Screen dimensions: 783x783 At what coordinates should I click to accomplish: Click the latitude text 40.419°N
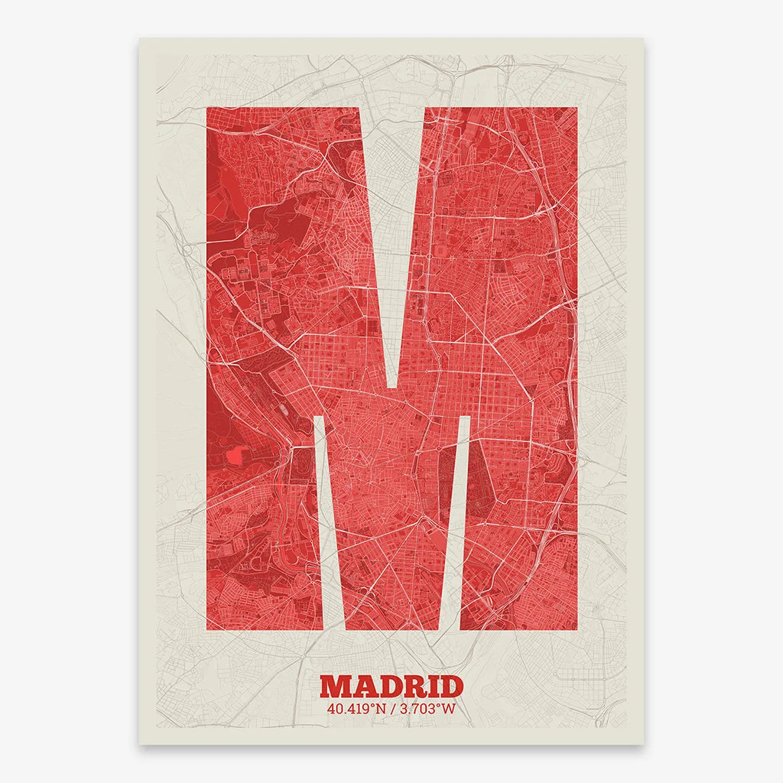point(355,709)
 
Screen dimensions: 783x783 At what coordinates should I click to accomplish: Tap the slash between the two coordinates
point(391,709)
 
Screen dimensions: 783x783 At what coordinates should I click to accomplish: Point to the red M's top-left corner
point(208,109)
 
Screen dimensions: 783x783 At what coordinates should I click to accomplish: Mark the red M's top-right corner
point(576,109)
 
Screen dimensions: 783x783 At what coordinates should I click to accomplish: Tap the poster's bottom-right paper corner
point(643,742)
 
